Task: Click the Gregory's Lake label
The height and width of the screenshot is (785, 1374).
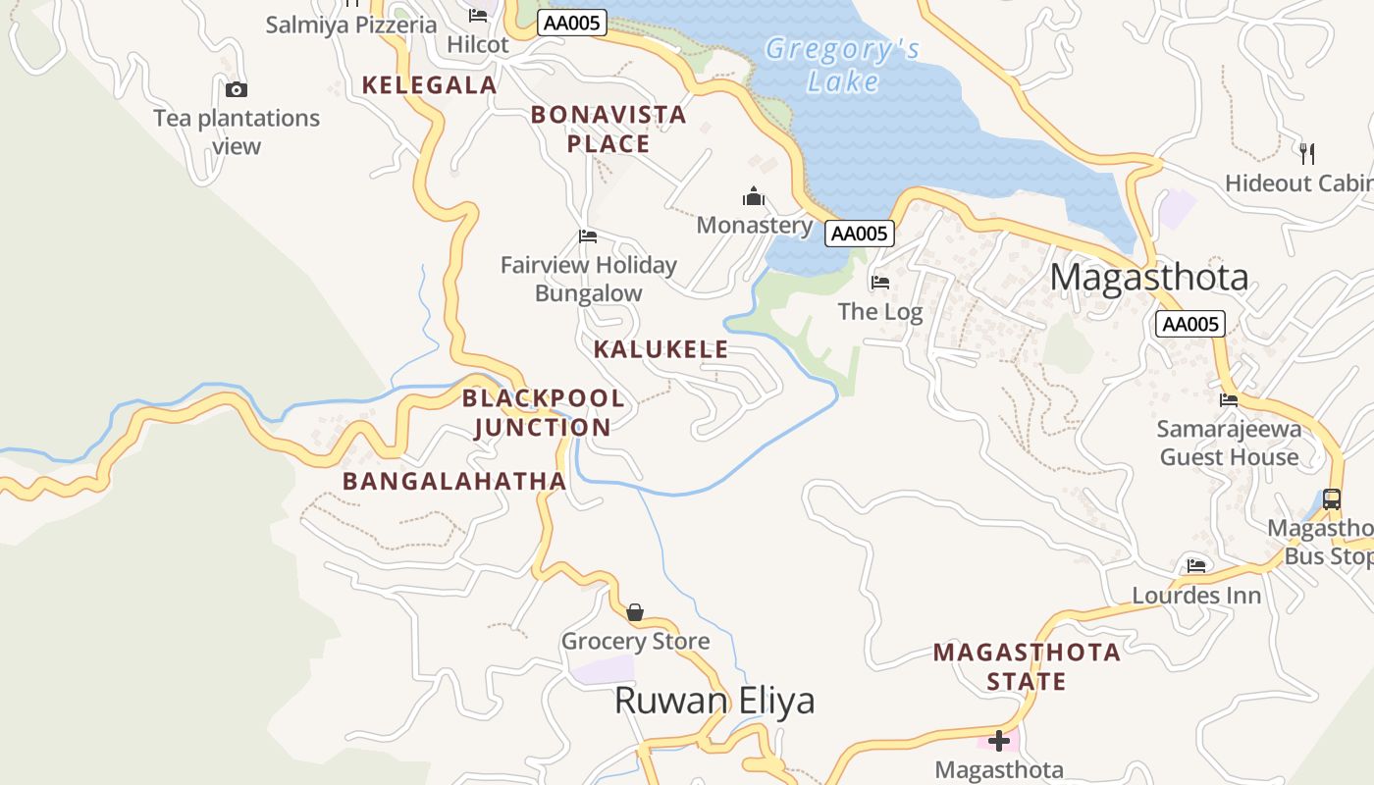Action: point(842,65)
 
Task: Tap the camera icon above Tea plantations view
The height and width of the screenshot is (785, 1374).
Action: point(237,90)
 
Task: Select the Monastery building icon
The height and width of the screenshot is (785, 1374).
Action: point(753,197)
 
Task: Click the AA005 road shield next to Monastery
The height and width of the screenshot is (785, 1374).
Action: point(860,233)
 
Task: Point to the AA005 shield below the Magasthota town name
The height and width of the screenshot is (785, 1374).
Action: point(1189,325)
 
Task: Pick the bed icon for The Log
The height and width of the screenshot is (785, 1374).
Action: point(879,283)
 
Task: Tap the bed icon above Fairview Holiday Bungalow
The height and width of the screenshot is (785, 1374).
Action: point(588,236)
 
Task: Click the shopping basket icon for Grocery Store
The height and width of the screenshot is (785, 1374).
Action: point(635,612)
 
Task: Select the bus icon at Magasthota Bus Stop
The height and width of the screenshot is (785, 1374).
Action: point(1331,498)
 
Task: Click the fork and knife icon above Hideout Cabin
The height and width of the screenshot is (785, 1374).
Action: point(1306,153)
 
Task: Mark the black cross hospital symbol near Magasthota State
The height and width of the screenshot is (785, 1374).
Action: point(999,741)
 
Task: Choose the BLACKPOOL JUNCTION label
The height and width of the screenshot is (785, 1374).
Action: point(543,412)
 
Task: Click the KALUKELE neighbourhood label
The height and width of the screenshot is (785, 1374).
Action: point(661,349)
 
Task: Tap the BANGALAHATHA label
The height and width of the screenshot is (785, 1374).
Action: point(454,481)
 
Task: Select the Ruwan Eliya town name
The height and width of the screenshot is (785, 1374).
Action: point(714,701)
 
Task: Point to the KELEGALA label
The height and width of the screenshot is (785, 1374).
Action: point(429,85)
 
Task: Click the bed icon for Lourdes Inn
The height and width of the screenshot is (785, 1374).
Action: point(1195,566)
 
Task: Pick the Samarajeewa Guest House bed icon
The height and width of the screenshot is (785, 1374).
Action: point(1228,400)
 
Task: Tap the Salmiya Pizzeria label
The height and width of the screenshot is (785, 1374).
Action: point(351,26)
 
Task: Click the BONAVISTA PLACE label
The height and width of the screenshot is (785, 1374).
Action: point(608,130)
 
